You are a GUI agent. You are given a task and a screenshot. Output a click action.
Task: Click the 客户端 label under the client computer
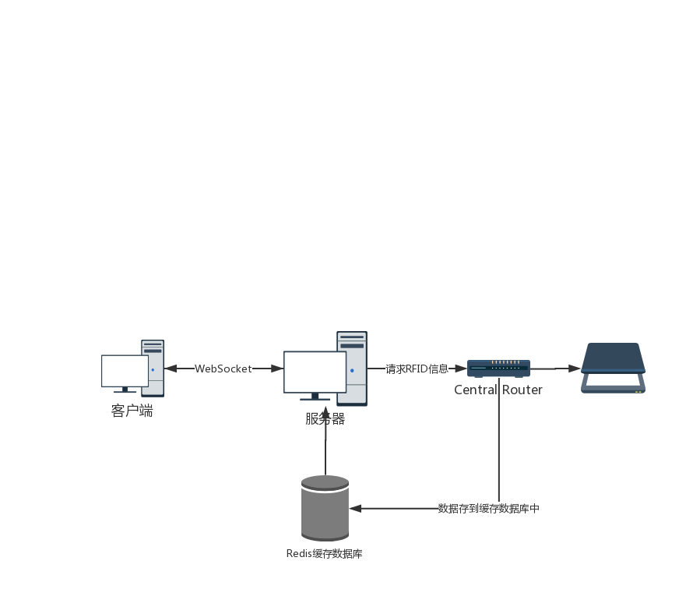(x=132, y=411)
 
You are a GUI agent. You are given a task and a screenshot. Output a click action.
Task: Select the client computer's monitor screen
(x=125, y=370)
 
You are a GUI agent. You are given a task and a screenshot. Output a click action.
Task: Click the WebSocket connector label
(x=223, y=369)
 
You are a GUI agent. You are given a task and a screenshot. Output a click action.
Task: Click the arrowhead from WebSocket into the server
(x=276, y=369)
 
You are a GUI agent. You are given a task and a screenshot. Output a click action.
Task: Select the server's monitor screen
(x=315, y=372)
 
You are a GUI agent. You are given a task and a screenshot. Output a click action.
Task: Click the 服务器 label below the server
(x=325, y=419)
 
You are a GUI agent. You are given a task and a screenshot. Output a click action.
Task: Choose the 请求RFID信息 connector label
(x=417, y=369)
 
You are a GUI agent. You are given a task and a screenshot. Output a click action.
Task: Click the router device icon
(x=498, y=368)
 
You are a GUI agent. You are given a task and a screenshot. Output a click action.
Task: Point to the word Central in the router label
(x=476, y=390)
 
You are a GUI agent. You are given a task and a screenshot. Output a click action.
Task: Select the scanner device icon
(x=614, y=368)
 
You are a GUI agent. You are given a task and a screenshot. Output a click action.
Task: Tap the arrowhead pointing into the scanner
(x=575, y=368)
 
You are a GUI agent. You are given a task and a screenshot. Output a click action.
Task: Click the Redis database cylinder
(x=325, y=508)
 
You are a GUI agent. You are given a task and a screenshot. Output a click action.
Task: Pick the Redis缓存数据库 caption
(x=325, y=554)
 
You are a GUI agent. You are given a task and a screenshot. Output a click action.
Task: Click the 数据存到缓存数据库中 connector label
(x=488, y=509)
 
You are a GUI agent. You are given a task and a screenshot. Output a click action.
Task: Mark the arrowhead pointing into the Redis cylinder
(x=356, y=509)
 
